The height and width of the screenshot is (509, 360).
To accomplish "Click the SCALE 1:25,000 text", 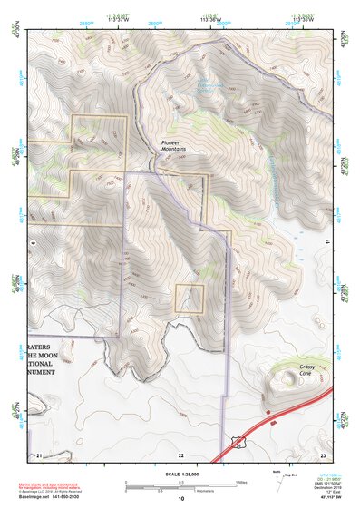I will [180, 474].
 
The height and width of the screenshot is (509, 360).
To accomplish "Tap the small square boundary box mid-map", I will [189, 298].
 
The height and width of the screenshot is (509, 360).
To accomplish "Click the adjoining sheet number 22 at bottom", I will [180, 455].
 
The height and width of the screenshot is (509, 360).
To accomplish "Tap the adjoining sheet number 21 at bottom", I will [39, 455].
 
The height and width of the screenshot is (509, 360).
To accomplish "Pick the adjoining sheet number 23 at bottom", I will [322, 455].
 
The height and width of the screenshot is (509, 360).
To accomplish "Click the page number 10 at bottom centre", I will [180, 499].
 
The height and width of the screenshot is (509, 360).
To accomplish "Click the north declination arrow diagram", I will [277, 481].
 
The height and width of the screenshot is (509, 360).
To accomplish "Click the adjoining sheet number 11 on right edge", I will [326, 240].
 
